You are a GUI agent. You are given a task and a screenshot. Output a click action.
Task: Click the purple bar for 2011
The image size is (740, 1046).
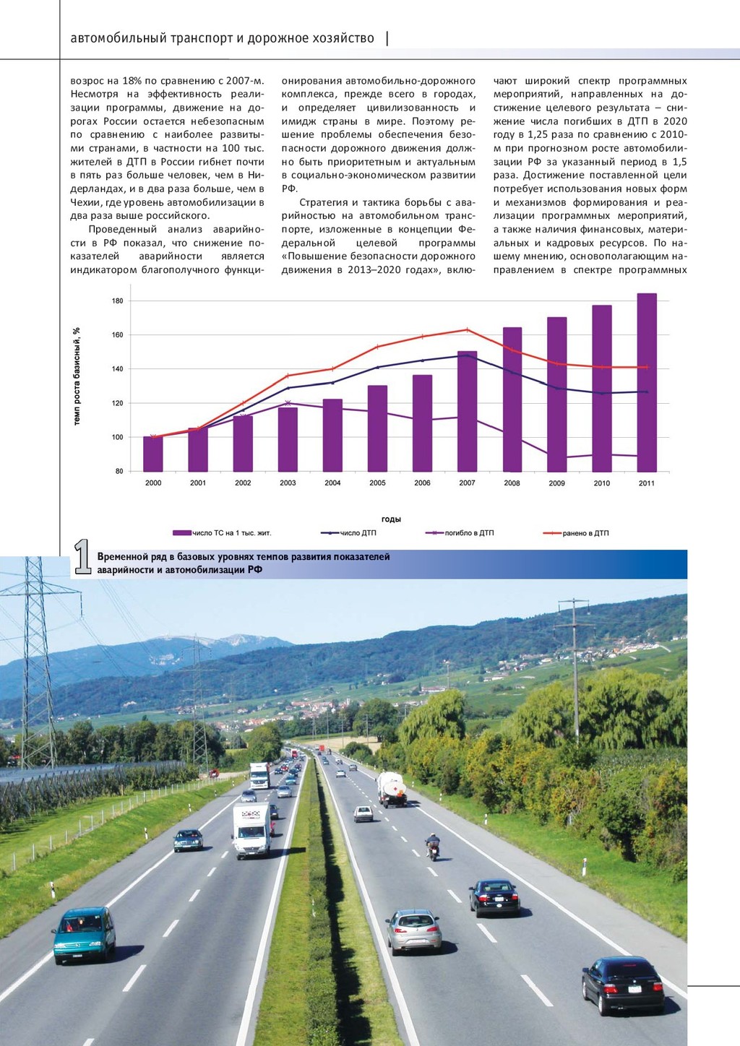tap(647, 382)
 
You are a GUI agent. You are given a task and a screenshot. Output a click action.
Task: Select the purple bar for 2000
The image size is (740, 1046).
tap(153, 454)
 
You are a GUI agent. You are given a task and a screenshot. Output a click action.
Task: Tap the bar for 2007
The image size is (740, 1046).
tap(467, 412)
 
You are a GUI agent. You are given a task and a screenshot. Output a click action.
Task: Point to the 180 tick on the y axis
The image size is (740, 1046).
tap(117, 301)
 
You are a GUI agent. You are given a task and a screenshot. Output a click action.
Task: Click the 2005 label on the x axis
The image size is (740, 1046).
tap(377, 483)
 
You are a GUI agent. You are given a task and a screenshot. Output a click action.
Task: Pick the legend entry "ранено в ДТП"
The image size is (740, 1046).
tap(576, 533)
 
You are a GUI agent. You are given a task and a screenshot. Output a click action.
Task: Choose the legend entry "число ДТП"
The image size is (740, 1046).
tap(349, 533)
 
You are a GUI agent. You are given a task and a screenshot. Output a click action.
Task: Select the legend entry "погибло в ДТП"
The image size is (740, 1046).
tap(460, 533)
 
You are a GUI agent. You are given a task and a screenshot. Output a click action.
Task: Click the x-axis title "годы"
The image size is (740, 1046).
tap(391, 519)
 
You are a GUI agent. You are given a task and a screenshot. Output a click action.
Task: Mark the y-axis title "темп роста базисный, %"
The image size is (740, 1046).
tap(77, 376)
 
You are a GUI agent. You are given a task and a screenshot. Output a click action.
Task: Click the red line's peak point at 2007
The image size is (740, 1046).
tap(467, 329)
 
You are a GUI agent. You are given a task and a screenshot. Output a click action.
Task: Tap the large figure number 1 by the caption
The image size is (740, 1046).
tap(82, 557)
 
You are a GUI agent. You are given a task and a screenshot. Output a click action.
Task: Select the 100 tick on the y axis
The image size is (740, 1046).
tap(117, 438)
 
